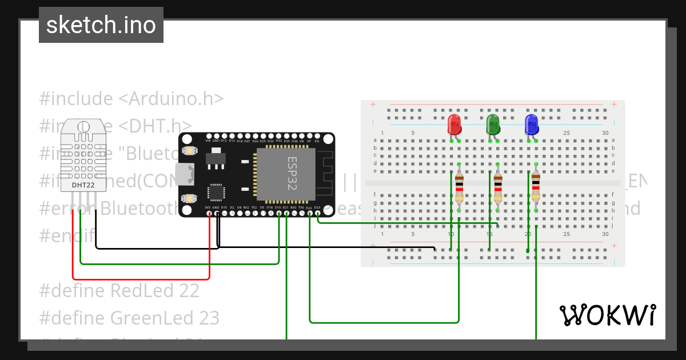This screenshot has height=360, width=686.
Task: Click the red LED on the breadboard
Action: (454, 125)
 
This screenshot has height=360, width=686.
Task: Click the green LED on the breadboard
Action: (493, 125)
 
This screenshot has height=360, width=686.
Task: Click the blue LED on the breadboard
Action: (531, 125)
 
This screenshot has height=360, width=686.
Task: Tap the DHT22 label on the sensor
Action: (83, 185)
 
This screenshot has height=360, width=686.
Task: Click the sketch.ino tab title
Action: (101, 25)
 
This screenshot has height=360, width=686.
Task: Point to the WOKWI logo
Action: (607, 315)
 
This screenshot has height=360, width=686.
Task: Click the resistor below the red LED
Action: (460, 189)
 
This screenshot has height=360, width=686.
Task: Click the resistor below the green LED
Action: (498, 189)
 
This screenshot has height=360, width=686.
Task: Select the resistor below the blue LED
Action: (536, 186)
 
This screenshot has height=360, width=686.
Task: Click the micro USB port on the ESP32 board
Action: (185, 174)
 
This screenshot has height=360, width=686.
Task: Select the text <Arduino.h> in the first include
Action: (170, 98)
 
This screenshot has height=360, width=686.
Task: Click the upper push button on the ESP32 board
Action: (189, 150)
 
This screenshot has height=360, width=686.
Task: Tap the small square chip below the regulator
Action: (217, 192)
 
